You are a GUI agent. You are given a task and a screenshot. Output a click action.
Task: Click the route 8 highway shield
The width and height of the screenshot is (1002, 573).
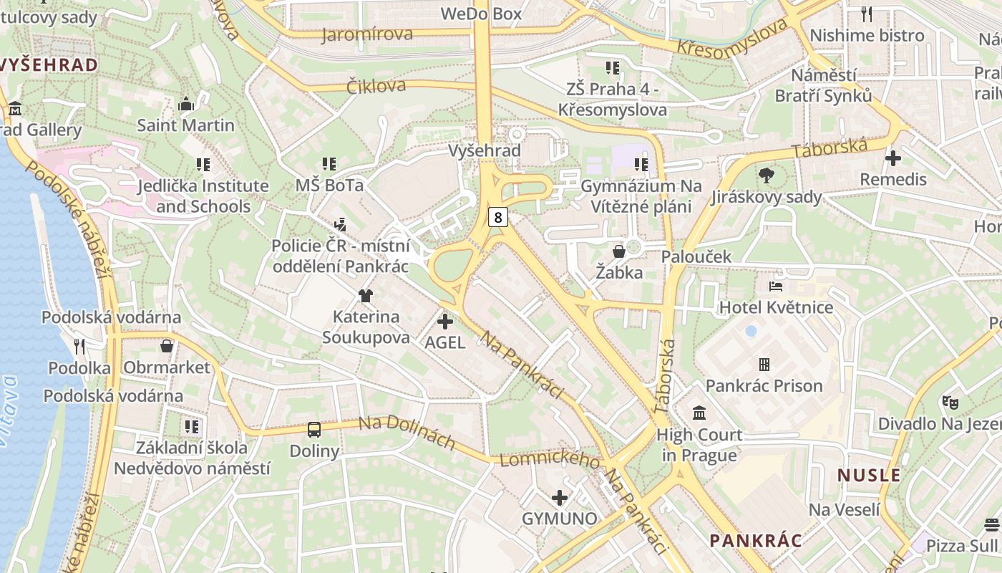(x=498, y=217)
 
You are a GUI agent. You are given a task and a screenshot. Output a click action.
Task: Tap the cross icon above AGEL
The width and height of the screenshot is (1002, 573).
(x=445, y=322)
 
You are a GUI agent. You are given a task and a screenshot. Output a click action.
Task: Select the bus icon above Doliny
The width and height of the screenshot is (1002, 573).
(x=314, y=430)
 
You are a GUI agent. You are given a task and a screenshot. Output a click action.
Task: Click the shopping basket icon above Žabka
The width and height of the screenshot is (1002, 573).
(x=619, y=251)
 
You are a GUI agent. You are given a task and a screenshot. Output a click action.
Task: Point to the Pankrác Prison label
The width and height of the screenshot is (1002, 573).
(x=764, y=386)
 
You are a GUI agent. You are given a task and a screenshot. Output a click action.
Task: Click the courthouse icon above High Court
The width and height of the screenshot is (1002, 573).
(x=699, y=413)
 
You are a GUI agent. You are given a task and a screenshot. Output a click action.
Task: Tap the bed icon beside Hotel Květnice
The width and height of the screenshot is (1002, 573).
(x=776, y=286)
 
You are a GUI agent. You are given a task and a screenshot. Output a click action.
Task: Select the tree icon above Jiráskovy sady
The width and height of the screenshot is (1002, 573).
(x=767, y=175)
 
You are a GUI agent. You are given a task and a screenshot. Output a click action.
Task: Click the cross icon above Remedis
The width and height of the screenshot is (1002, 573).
(x=893, y=158)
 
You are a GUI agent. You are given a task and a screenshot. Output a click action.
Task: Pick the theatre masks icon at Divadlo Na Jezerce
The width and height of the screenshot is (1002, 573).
(x=950, y=402)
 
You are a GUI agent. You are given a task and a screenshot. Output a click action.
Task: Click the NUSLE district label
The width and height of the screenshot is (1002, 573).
(x=869, y=475)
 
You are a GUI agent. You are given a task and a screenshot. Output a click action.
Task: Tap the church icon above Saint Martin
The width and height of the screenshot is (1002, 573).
(x=186, y=104)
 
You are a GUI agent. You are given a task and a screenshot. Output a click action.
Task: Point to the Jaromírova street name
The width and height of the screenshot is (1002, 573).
(x=367, y=34)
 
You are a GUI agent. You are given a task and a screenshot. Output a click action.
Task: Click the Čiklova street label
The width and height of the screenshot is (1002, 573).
(x=376, y=86)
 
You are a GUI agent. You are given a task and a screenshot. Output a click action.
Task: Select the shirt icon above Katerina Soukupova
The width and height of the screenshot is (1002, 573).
(x=366, y=295)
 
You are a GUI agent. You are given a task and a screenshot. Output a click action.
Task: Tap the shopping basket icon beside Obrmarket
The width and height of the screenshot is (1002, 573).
(x=167, y=347)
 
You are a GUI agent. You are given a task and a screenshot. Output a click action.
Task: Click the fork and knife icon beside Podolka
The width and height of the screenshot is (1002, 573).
(x=79, y=347)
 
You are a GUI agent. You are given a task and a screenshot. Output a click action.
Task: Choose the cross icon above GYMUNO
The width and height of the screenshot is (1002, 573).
(x=560, y=497)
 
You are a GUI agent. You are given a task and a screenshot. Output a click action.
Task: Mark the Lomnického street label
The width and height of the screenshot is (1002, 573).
(x=550, y=461)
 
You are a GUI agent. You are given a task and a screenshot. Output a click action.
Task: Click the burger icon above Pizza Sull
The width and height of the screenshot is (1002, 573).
(x=991, y=524)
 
